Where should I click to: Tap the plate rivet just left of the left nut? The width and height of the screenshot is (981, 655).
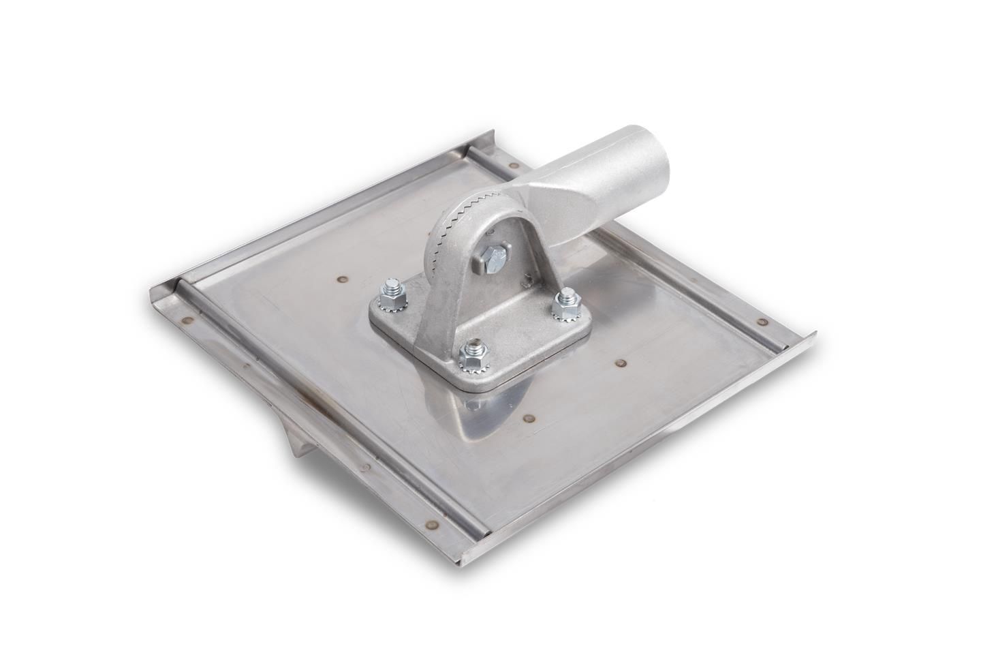click(x=339, y=277)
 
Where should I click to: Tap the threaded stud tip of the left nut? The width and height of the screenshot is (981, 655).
click(x=392, y=282)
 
